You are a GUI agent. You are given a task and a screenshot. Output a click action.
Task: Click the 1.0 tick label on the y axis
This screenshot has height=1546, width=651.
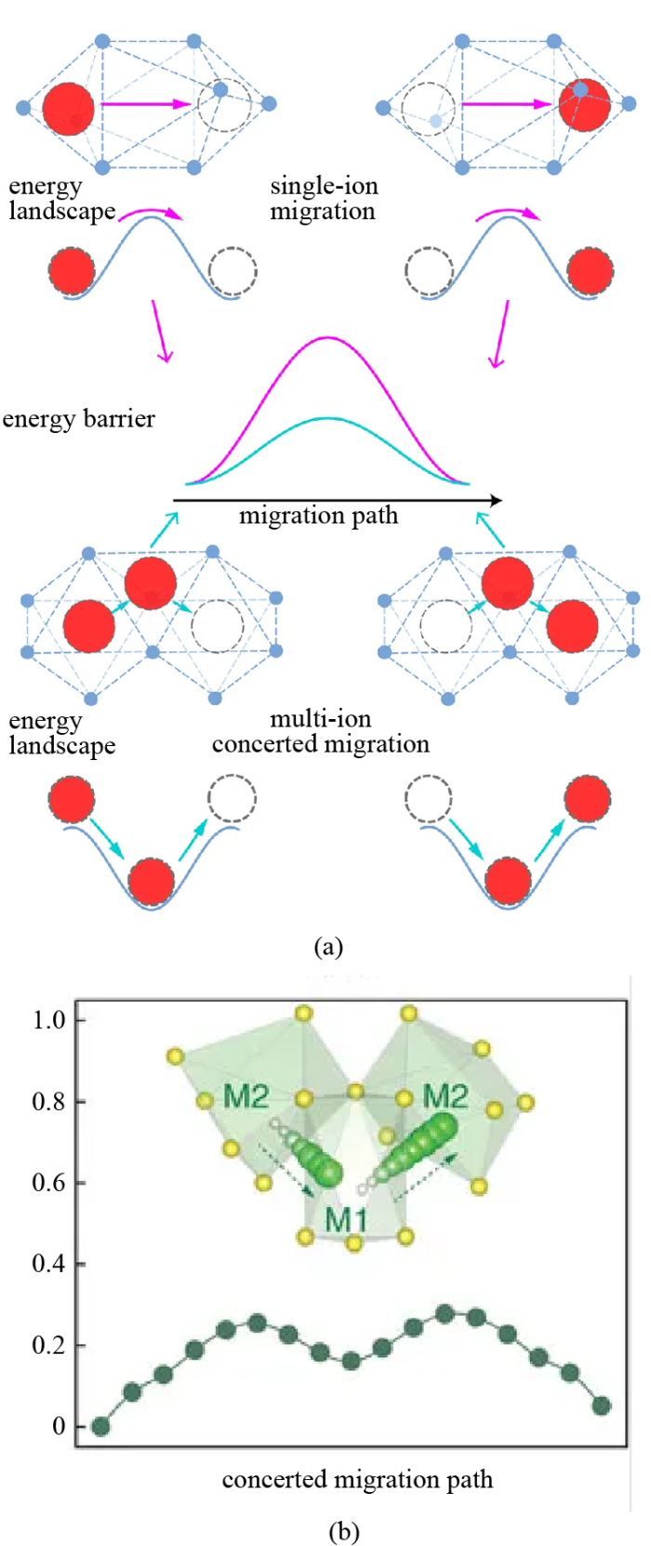click(x=48, y=1020)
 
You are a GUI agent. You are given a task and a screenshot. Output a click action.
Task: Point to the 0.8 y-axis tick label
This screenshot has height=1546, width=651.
click(x=48, y=1102)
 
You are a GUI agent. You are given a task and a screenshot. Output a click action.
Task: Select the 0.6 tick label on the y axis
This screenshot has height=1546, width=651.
click(x=48, y=1183)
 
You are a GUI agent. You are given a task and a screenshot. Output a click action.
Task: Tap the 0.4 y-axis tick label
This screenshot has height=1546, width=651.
click(x=48, y=1264)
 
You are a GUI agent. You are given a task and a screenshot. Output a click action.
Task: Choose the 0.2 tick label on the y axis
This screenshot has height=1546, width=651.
click(x=48, y=1345)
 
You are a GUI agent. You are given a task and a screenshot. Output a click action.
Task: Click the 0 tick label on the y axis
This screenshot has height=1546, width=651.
click(x=59, y=1426)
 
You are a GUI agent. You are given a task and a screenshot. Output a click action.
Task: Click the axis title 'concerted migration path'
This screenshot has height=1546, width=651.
click(x=357, y=1479)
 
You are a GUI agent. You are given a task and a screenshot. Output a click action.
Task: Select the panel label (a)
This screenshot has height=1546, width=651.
click(x=328, y=947)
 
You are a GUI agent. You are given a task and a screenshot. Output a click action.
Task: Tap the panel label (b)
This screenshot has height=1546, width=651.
click(x=344, y=1531)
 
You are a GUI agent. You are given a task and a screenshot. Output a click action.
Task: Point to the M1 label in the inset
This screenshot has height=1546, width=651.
click(x=346, y=1219)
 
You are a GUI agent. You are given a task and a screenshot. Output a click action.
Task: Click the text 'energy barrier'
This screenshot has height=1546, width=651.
click(x=79, y=419)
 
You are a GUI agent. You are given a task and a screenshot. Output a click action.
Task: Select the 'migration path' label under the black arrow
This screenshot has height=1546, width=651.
click(x=318, y=516)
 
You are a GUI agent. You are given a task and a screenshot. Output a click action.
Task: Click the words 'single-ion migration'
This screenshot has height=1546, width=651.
click(x=324, y=199)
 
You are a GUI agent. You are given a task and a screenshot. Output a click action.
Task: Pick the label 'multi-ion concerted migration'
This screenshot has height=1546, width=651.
click(x=321, y=731)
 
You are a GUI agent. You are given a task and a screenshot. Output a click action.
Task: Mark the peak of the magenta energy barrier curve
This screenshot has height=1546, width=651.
click(x=326, y=337)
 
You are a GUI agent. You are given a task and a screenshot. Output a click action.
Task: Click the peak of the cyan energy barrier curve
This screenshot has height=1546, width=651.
click(x=326, y=418)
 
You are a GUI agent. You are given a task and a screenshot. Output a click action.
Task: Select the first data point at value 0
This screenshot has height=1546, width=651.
click(x=100, y=1426)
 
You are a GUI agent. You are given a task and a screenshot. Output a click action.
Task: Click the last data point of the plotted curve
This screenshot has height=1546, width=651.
click(x=602, y=1406)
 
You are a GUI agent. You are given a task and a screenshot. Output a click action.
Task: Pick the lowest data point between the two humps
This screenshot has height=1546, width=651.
click(x=351, y=1361)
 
